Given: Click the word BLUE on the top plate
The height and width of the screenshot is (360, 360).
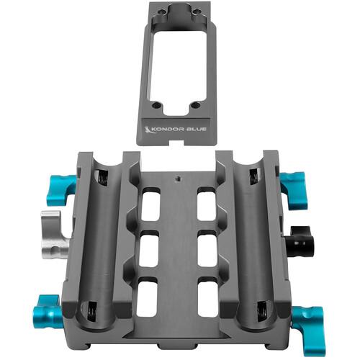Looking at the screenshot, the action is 196,129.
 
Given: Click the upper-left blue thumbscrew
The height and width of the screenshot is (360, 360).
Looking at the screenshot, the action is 60,190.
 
